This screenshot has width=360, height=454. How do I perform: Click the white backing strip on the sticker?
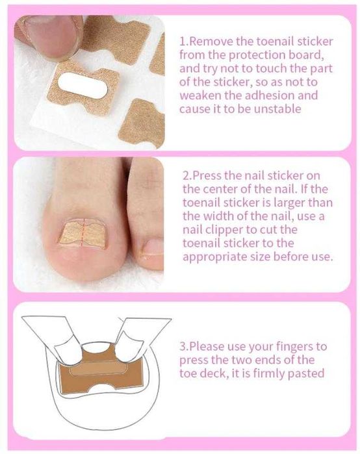coord(83,86)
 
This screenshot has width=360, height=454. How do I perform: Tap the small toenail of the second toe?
coord(153,246)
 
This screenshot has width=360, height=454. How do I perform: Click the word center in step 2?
coord(224,190)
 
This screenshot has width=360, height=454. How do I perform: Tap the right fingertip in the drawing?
coord(130,345)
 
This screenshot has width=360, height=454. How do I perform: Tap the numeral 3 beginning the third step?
coord(183,347)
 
